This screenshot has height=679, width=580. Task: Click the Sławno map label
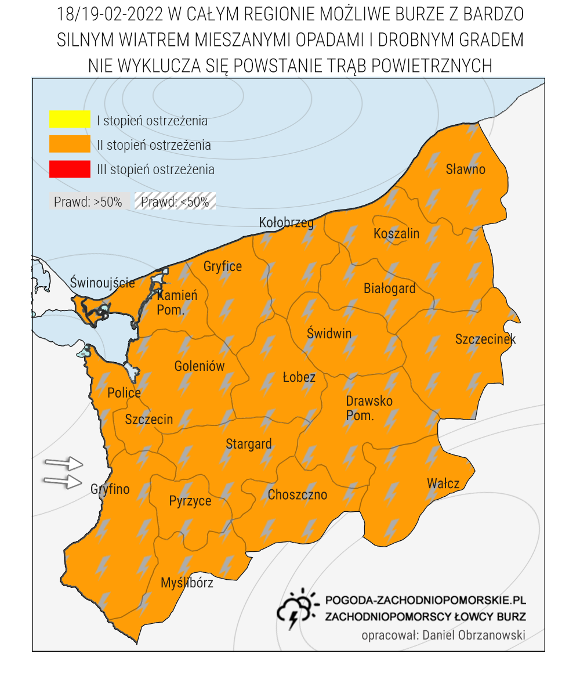(x=465, y=169)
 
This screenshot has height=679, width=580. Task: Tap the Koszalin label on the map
(x=396, y=233)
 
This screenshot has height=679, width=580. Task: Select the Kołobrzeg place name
(x=286, y=223)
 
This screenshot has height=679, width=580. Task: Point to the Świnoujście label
(x=102, y=283)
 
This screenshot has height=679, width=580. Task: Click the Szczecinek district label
(x=485, y=339)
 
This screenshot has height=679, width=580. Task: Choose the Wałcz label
(x=443, y=483)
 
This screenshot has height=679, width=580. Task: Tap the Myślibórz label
(x=187, y=583)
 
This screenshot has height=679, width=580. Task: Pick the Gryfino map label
(x=110, y=489)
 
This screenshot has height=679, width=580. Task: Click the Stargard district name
(x=248, y=445)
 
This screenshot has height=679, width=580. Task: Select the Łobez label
(x=299, y=378)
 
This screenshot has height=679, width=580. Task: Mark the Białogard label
(x=389, y=288)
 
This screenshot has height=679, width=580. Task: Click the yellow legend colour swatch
(x=70, y=119)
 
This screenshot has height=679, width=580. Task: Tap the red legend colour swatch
(x=70, y=169)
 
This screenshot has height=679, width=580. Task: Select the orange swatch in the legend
(x=70, y=144)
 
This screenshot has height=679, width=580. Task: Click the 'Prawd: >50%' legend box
(x=88, y=202)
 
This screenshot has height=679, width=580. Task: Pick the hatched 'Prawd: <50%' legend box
(x=175, y=202)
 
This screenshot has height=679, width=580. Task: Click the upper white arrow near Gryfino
(x=64, y=463)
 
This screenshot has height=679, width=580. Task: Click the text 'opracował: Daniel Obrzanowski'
(x=443, y=635)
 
